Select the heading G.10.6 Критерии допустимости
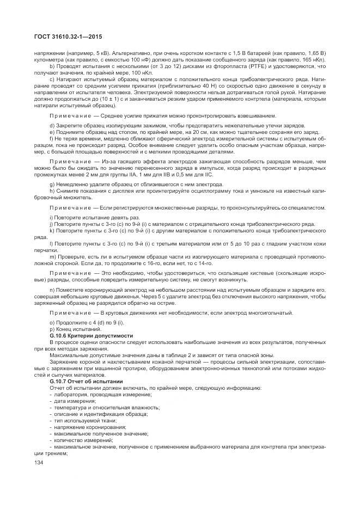91,336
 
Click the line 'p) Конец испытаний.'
70,330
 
